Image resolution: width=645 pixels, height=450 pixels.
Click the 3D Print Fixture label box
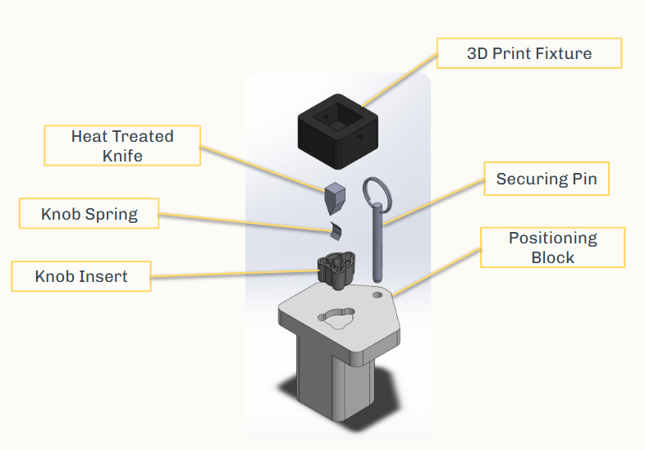coord(528,53)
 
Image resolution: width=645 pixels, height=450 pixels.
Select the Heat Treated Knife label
coord(121,145)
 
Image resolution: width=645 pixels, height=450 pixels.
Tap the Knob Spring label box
coord(89,215)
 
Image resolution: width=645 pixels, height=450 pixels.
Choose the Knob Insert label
coord(81,276)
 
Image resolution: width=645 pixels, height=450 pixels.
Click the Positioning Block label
coord(552,248)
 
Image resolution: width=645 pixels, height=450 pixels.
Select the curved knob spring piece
coord(333,230)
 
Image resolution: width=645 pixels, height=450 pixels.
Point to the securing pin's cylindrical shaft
coord(377,242)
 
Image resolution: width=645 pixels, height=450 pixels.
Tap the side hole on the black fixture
coord(359,139)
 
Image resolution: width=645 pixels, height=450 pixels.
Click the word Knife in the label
coord(122,155)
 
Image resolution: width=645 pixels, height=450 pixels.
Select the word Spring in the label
coord(112,215)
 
